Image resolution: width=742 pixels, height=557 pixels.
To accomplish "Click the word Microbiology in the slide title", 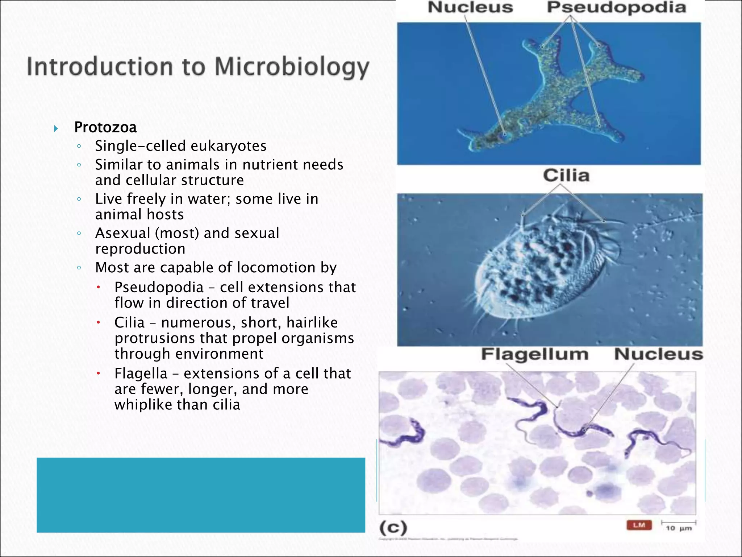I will click(x=292, y=67).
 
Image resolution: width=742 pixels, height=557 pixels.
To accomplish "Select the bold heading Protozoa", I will click(x=105, y=127).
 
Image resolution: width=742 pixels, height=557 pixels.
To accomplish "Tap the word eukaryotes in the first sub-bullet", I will click(x=229, y=146).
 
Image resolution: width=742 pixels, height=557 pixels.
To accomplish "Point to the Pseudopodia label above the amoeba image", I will click(x=616, y=8).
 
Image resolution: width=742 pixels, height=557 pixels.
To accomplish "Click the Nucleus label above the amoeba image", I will click(x=470, y=7).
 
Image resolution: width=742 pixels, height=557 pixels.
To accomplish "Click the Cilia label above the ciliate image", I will click(x=566, y=176).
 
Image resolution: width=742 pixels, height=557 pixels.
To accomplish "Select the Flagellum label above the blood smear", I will click(x=534, y=354).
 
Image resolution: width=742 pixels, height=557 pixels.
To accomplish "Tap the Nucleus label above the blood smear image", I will click(x=658, y=354).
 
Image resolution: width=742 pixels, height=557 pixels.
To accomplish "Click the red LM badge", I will click(x=639, y=525).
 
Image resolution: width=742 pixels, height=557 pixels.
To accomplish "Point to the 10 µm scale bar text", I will click(x=679, y=528).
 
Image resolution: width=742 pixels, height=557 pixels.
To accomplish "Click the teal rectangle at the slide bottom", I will click(x=201, y=495).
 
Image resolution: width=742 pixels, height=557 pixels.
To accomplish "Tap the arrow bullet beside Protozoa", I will click(x=56, y=128).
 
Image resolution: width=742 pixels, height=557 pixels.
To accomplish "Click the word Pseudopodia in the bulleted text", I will click(x=159, y=287).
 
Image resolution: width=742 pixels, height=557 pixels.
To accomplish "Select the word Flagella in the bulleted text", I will click(x=141, y=374).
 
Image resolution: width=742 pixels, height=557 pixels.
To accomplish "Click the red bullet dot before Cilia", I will click(x=98, y=322).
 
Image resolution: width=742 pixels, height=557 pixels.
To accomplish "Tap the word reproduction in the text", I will click(x=140, y=249).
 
